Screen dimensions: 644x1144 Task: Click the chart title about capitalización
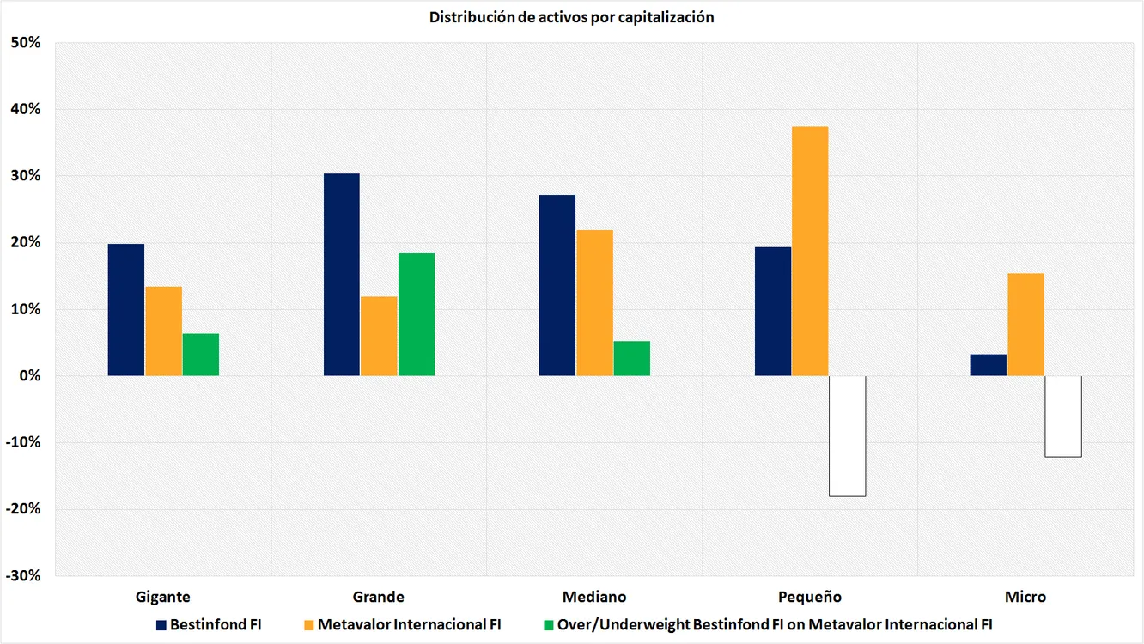point(572,17)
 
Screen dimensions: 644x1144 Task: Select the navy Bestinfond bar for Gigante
point(126,310)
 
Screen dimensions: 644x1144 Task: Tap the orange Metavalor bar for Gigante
point(163,331)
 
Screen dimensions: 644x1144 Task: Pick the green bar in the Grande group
point(416,314)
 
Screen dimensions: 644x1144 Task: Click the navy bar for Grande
point(342,275)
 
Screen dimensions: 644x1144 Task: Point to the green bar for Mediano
point(631,358)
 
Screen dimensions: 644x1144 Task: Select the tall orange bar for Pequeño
point(810,251)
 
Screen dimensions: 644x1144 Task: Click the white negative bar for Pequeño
point(847,436)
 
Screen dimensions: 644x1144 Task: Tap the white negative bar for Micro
point(1062,416)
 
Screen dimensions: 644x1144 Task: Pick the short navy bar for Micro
point(988,365)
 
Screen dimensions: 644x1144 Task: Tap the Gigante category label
point(163,597)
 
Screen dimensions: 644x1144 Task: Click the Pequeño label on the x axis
point(810,597)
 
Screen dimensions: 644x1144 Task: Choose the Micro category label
point(1025,597)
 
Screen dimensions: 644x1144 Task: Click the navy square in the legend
point(161,625)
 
